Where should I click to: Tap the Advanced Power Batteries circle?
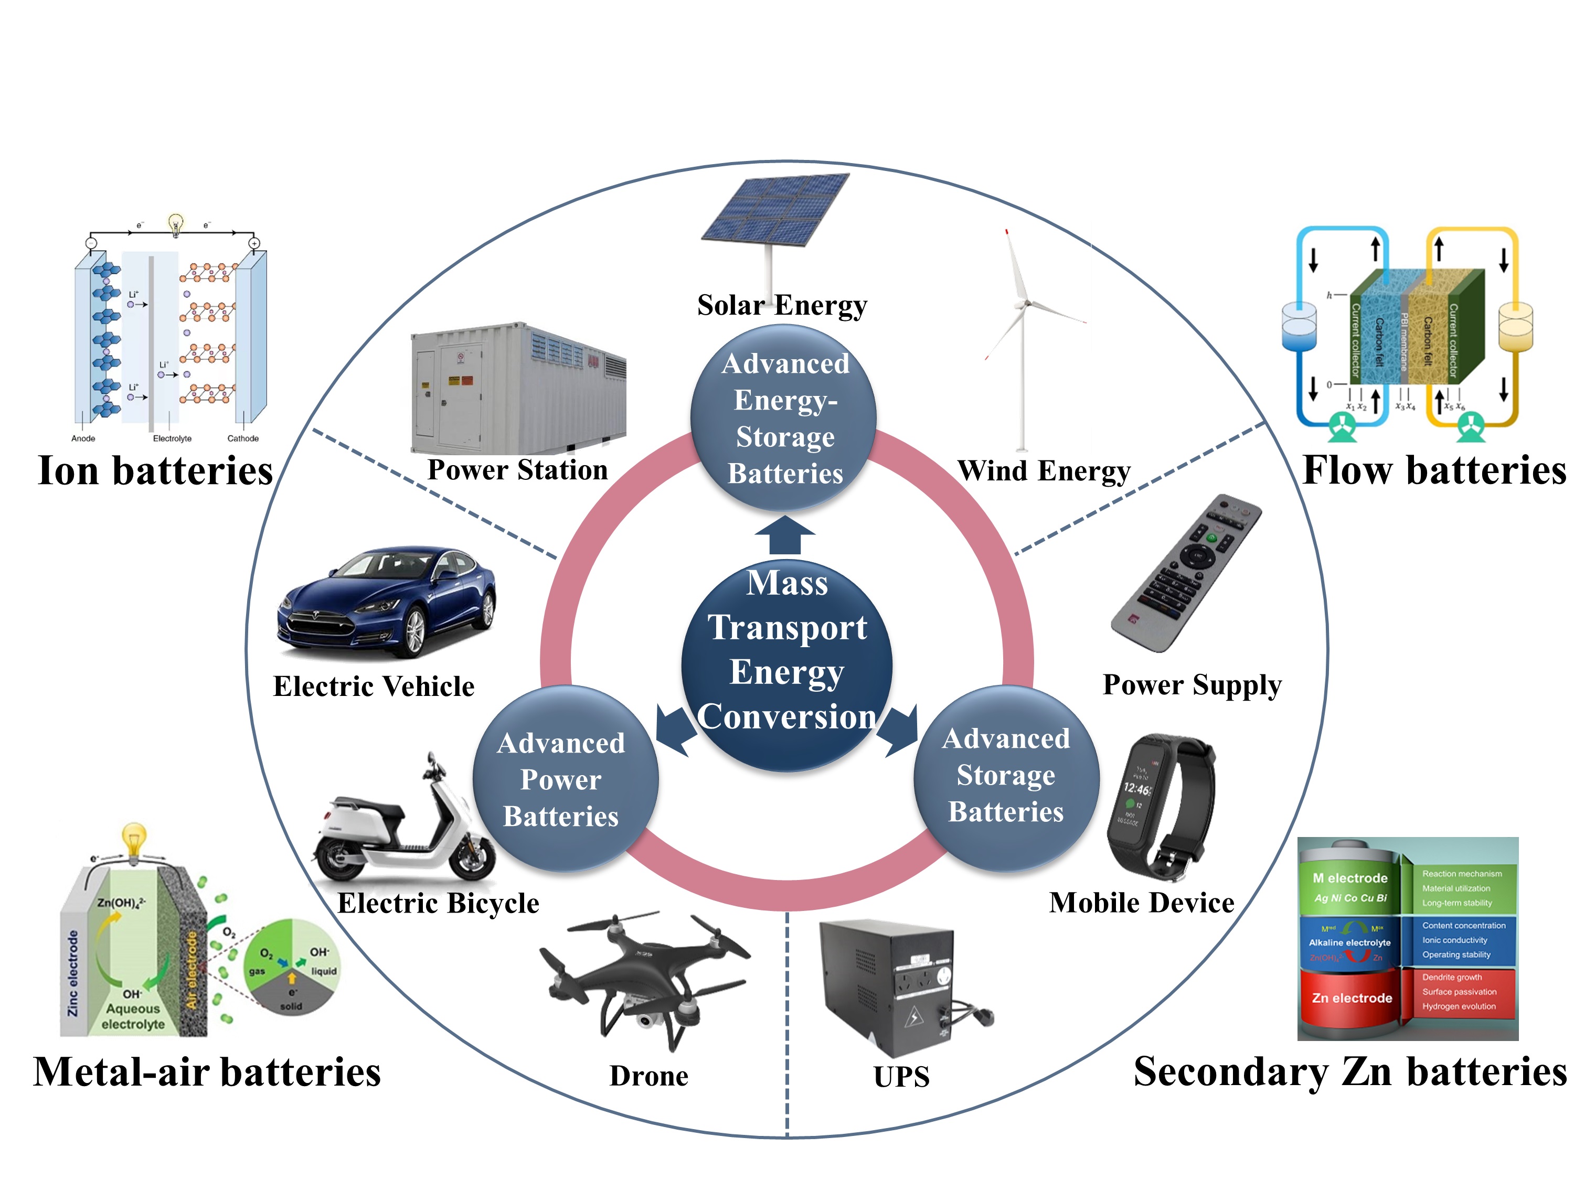click(565, 779)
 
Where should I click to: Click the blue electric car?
click(388, 601)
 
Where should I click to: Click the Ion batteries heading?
click(155, 471)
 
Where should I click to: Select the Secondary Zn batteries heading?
click(1350, 1072)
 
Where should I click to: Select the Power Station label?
click(517, 470)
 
